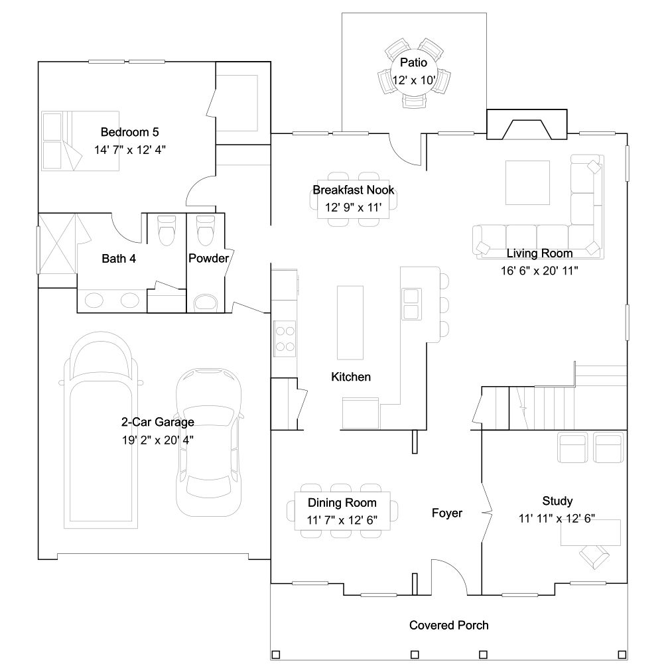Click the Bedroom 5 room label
[129, 132]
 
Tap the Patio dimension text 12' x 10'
[414, 80]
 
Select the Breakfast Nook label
[354, 190]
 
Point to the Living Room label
[540, 253]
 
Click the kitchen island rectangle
[350, 322]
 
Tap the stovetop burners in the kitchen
[285, 338]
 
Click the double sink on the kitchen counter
[411, 304]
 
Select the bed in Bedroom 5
[80, 141]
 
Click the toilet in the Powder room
[205, 230]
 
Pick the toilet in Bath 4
[167, 230]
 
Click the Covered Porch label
[448, 625]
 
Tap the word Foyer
[447, 513]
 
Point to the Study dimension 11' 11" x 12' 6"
[557, 518]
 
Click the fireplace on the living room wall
[527, 124]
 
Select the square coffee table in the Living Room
[528, 182]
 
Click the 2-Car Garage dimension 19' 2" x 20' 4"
[158, 440]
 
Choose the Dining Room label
[342, 503]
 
